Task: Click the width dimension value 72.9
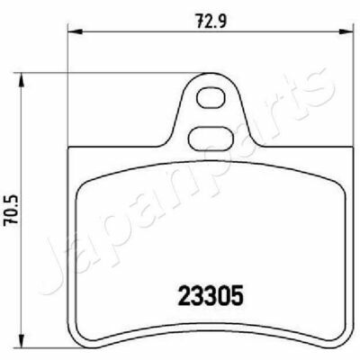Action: tap(211, 21)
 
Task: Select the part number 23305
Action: tap(210, 295)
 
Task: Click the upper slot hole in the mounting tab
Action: tap(211, 98)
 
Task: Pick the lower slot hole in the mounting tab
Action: tap(211, 138)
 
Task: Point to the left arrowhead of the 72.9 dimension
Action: tap(76, 31)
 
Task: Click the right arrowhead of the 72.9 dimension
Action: tap(345, 31)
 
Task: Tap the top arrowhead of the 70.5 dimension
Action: tap(21, 80)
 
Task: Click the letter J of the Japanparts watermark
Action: tap(57, 264)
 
